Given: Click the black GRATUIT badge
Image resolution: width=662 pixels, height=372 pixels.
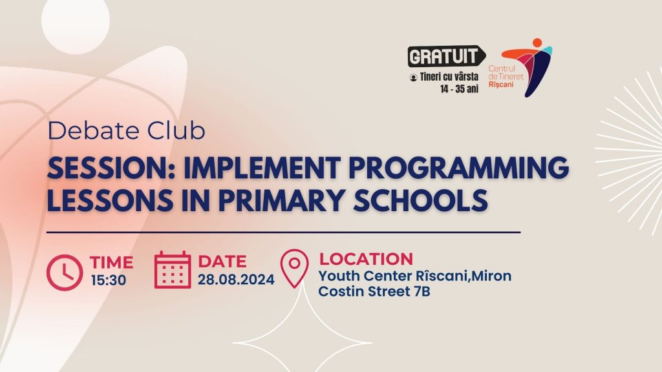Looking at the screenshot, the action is (x=446, y=56).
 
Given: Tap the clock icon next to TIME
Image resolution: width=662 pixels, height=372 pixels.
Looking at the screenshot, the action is (x=65, y=273).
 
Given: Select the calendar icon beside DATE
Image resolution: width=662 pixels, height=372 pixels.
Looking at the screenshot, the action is (x=172, y=270).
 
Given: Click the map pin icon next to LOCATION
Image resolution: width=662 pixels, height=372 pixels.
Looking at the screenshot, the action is (x=295, y=269).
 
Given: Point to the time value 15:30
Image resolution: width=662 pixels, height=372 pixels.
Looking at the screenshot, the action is (x=109, y=280).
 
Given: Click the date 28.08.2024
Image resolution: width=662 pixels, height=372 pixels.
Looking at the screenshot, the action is (x=236, y=280).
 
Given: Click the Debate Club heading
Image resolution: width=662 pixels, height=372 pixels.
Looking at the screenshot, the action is (x=126, y=130).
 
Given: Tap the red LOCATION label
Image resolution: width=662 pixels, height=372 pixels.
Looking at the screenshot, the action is (x=366, y=259).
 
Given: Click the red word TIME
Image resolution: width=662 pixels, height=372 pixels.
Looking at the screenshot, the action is (x=111, y=262).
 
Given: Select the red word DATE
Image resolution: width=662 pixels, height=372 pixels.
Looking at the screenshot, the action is (x=222, y=262).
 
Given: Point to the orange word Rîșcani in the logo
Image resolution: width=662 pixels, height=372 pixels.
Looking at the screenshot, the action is (x=501, y=85).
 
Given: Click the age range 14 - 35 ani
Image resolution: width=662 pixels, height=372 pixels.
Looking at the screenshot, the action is (x=459, y=89).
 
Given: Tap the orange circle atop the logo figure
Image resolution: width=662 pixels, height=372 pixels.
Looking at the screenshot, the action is (x=537, y=43).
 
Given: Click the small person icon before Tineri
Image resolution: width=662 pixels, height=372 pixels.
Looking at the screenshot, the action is (x=413, y=77).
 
